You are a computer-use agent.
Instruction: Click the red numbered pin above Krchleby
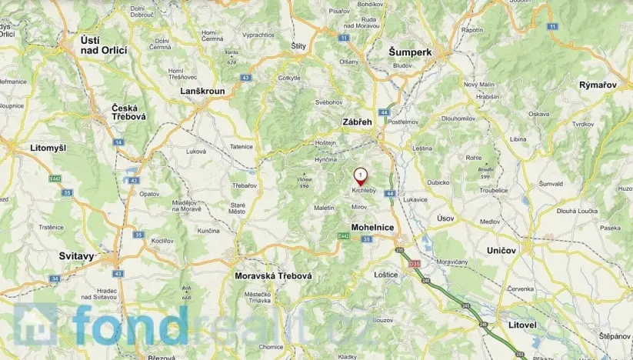click(360, 175)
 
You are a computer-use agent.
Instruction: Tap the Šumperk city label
click(409, 52)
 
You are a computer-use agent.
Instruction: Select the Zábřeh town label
click(358, 121)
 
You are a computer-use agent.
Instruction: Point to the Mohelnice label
click(372, 228)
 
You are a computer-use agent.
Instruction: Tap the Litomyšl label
click(28, 146)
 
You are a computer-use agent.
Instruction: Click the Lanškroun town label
click(202, 91)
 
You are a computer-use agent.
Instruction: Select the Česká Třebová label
click(130, 112)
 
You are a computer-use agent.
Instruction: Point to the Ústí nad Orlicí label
click(104, 44)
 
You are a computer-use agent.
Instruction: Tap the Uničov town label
click(501, 251)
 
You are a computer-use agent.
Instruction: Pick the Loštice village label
click(386, 274)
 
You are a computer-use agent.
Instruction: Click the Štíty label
click(298, 46)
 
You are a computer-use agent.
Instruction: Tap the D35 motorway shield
click(415, 263)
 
